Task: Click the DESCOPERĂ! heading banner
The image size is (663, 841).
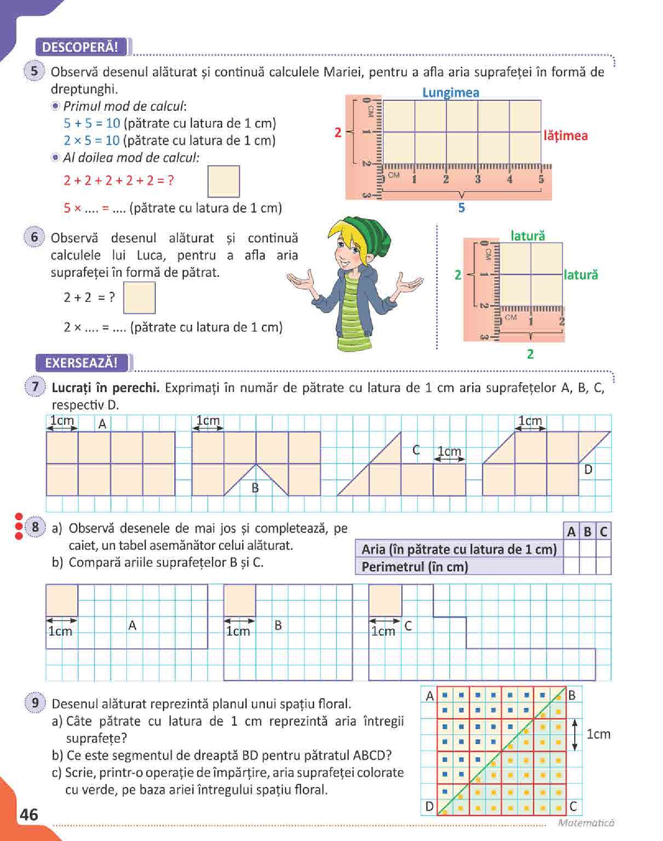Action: click(x=81, y=47)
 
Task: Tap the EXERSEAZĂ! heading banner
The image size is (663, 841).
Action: click(x=81, y=363)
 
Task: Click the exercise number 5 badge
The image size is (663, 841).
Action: click(x=35, y=71)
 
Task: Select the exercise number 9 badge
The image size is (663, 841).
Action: click(x=35, y=703)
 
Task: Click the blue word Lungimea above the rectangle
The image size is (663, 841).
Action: click(x=451, y=93)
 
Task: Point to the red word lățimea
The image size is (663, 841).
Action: click(x=565, y=136)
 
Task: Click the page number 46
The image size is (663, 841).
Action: click(x=29, y=814)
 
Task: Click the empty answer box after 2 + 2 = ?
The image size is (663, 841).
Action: click(x=139, y=297)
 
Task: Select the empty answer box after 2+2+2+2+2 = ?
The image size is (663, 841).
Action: click(x=223, y=181)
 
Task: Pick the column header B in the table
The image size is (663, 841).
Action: click(x=587, y=532)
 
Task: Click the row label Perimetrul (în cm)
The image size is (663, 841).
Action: click(x=415, y=567)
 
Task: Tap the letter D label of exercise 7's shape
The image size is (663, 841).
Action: click(x=588, y=470)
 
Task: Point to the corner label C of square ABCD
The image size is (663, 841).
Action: click(x=573, y=806)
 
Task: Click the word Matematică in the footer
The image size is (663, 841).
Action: click(x=586, y=823)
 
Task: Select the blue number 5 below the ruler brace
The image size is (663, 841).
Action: click(x=462, y=208)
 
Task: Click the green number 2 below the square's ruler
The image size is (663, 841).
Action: click(x=530, y=354)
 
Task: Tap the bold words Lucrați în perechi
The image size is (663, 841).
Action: click(x=106, y=388)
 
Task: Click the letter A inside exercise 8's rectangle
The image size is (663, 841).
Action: click(x=132, y=625)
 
